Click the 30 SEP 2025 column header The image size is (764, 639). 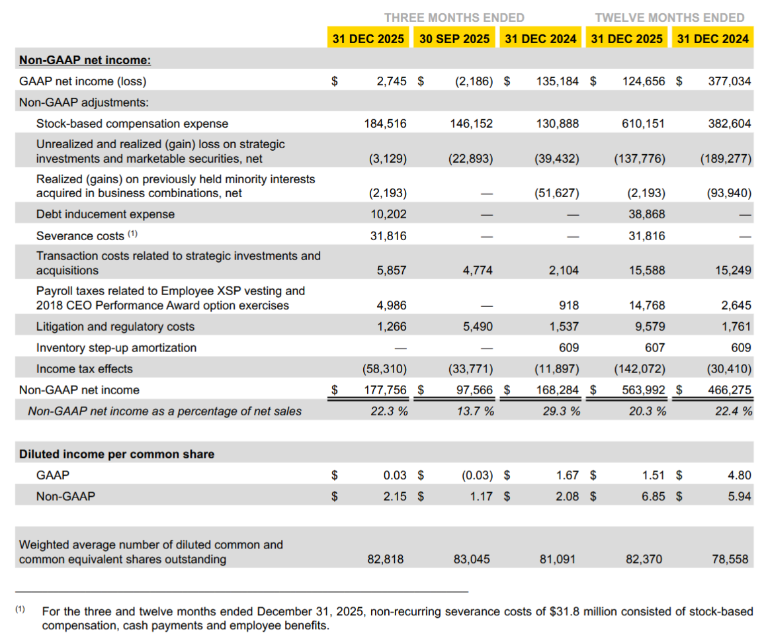pos(454,38)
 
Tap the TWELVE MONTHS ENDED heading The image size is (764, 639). pos(669,18)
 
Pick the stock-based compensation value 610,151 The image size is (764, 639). pos(644,124)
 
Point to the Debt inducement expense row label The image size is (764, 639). pos(105,214)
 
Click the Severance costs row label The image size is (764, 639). pos(80,236)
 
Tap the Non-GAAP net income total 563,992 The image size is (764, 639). pos(644,390)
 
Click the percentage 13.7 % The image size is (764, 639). pos(474,411)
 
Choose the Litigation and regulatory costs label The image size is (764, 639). pos(115,327)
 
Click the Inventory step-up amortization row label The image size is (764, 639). pos(116,348)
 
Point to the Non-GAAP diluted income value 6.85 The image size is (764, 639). pos(654,496)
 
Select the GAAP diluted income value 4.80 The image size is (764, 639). pos(740,475)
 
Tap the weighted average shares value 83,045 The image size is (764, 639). pos(472,560)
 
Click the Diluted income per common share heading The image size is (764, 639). pos(116,454)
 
